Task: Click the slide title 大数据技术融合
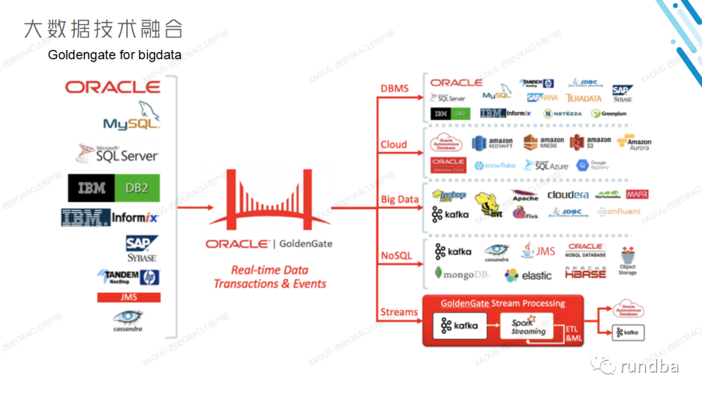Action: (103, 29)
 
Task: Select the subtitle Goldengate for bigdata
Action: (114, 55)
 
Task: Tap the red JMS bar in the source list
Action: (129, 297)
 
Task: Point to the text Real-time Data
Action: (270, 270)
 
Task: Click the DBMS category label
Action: (395, 88)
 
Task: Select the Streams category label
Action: (398, 312)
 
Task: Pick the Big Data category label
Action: (399, 199)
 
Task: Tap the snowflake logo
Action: (495, 166)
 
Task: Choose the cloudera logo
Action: (567, 195)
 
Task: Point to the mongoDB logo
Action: (461, 274)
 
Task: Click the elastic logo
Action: (528, 275)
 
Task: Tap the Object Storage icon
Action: (628, 261)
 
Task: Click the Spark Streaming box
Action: (528, 327)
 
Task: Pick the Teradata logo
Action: (584, 98)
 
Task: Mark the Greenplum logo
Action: (609, 113)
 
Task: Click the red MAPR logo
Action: (637, 194)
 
